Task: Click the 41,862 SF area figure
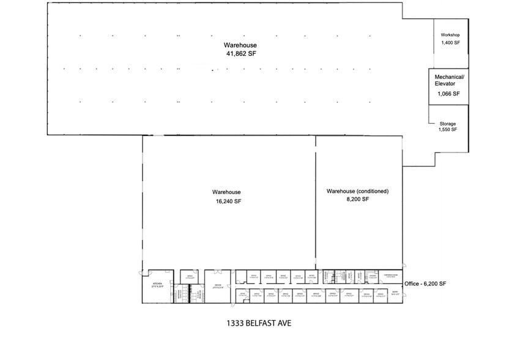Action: pyautogui.click(x=240, y=54)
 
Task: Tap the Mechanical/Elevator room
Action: pyautogui.click(x=448, y=86)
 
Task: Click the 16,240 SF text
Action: pyautogui.click(x=226, y=201)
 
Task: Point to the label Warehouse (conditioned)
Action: pyautogui.click(x=357, y=191)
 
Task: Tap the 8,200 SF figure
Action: pyautogui.click(x=357, y=199)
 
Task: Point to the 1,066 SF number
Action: pyautogui.click(x=448, y=94)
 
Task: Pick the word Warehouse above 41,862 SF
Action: pyautogui.click(x=240, y=45)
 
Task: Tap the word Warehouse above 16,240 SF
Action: pyautogui.click(x=226, y=192)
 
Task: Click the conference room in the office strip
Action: pyautogui.click(x=390, y=277)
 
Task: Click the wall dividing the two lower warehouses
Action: pyautogui.click(x=316, y=202)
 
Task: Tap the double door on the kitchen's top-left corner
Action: pyautogui.click(x=144, y=272)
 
